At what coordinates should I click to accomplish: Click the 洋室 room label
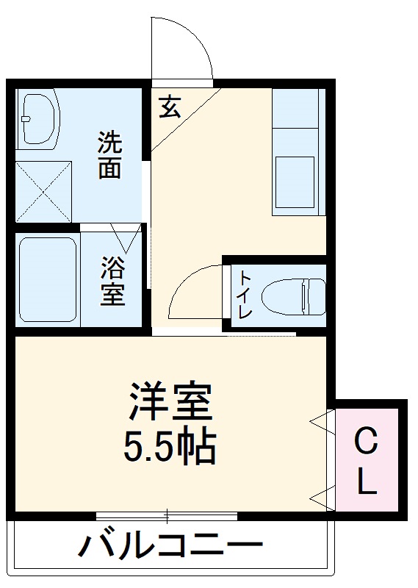(170, 400)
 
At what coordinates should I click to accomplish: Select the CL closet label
(367, 462)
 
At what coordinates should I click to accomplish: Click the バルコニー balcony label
(170, 546)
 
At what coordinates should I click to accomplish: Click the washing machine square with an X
(43, 187)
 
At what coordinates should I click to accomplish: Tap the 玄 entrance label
(169, 108)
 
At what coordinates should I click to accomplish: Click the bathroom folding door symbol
(126, 237)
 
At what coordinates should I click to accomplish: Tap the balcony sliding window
(167, 516)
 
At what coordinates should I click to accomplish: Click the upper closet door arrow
(320, 422)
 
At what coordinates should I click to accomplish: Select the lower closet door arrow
(320, 497)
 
